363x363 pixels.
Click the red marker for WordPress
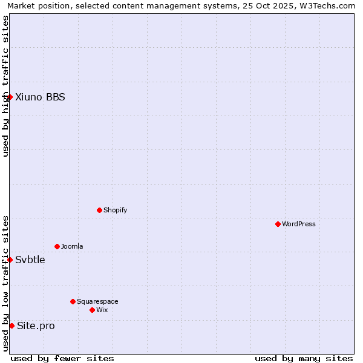(278, 224)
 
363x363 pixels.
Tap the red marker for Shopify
(99, 210)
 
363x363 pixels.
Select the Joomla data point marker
(57, 246)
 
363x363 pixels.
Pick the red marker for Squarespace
(73, 301)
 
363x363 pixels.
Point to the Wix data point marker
(92, 310)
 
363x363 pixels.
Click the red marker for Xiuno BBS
(10, 97)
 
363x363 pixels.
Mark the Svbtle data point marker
(10, 260)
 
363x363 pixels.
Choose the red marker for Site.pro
(11, 325)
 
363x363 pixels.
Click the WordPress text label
(299, 224)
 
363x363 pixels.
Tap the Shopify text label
(115, 210)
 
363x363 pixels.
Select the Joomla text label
(72, 246)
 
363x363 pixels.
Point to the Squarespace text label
(97, 301)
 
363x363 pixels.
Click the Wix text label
(102, 310)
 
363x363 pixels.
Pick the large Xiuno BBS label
(40, 97)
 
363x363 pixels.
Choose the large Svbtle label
(30, 260)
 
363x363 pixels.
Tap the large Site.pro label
(36, 325)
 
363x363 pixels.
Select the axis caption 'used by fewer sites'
(62, 358)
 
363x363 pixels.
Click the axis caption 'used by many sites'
(304, 358)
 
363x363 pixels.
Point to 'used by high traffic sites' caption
(6, 86)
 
